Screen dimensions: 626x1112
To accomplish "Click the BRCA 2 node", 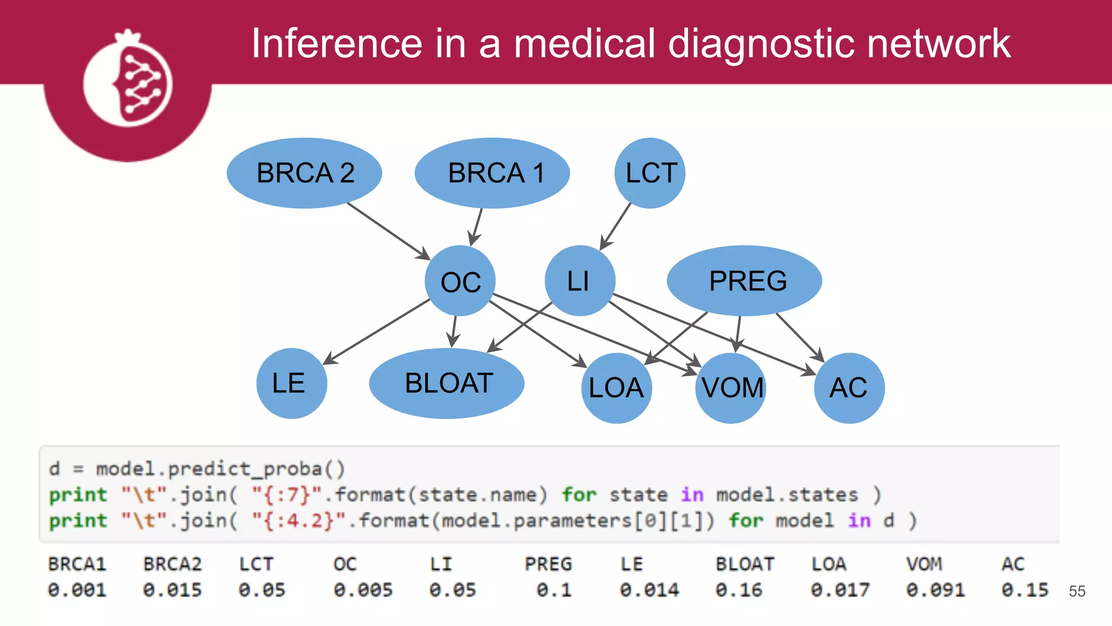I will click(x=304, y=173).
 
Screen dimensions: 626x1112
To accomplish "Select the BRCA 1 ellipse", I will click(x=492, y=173).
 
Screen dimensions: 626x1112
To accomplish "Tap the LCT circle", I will click(x=650, y=173).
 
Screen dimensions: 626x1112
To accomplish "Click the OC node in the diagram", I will click(x=460, y=281).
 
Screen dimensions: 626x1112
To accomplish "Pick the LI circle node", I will click(x=579, y=281).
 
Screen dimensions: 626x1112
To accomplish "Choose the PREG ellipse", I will click(x=744, y=280).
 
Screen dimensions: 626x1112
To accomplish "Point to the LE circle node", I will click(x=292, y=383).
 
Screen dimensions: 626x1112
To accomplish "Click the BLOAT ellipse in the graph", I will click(x=446, y=383).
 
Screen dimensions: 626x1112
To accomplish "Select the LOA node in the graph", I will click(x=616, y=388).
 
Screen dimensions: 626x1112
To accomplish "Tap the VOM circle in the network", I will click(x=731, y=388).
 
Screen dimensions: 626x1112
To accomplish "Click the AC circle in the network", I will click(x=849, y=388).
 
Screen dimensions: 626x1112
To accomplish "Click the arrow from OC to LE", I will click(x=377, y=331).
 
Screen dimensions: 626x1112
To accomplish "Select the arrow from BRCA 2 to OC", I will click(x=388, y=230).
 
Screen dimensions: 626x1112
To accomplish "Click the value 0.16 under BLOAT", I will click(x=739, y=590).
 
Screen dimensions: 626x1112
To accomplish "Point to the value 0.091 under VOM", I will click(x=936, y=590).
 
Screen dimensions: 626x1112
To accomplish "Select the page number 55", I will click(x=1077, y=591).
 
